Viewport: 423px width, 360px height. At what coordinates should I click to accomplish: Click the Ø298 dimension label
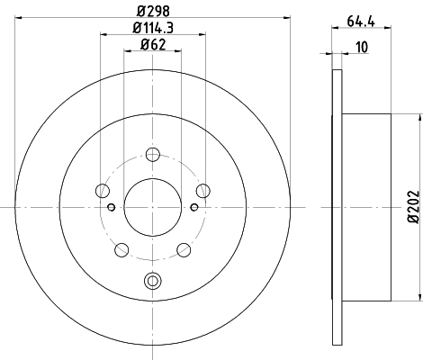[x=153, y=12]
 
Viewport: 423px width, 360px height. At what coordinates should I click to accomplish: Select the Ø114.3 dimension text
[x=153, y=28]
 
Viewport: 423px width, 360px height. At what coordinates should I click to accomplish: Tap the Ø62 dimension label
[x=153, y=45]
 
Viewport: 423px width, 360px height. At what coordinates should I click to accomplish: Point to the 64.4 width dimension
[x=361, y=22]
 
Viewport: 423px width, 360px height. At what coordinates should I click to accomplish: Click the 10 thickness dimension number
[x=362, y=47]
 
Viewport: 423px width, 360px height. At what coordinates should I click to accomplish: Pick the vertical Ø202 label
[x=413, y=206]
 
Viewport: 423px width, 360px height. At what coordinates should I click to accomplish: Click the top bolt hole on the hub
[x=153, y=155]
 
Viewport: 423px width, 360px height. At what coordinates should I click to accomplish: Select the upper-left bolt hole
[x=103, y=191]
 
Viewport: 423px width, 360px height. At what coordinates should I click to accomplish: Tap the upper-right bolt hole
[x=203, y=191]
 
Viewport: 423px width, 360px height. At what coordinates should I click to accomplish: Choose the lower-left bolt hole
[x=121, y=250]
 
